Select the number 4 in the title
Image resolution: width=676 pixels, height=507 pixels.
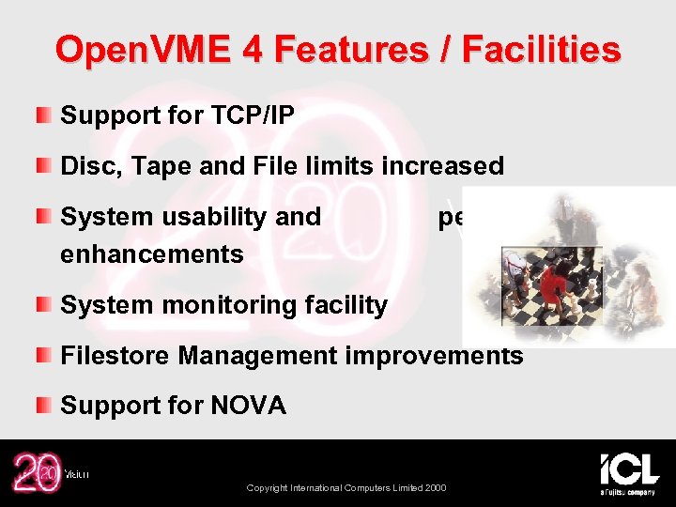252,49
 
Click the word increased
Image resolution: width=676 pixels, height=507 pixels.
443,166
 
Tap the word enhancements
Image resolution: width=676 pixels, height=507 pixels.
152,253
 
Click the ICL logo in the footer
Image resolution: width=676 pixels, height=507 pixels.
629,471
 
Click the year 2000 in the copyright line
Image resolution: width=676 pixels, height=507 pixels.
435,487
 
